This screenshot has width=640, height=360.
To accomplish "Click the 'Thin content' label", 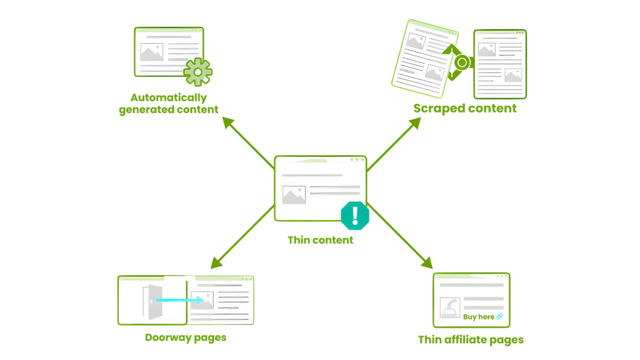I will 320,240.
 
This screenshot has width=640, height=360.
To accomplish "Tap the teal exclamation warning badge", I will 356,216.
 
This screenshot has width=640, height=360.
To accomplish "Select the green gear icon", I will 197,72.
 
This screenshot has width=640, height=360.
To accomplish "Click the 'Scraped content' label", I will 465,109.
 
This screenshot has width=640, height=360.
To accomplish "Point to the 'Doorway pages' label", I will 186,337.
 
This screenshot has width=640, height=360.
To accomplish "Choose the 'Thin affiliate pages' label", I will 471,340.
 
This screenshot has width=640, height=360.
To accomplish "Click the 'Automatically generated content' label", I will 169,104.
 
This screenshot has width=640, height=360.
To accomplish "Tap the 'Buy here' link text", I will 479,316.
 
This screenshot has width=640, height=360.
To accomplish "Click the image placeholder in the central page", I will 294,195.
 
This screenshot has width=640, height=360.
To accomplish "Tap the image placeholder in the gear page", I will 151,52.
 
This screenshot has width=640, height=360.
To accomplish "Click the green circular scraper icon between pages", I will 462,62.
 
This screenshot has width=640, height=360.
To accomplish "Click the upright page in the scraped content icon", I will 500,64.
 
